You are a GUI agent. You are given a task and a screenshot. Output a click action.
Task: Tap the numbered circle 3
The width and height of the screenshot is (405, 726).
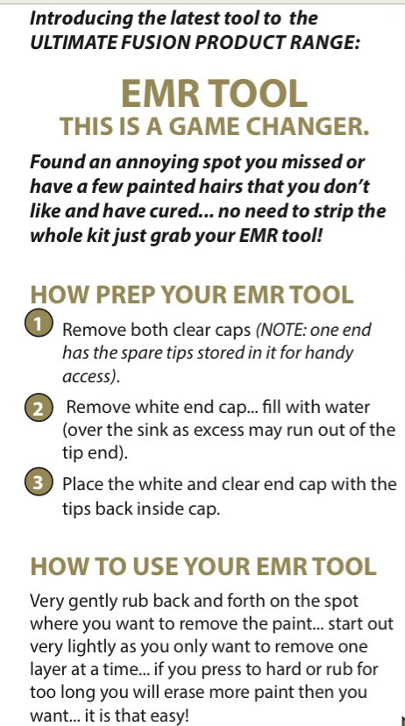(x=39, y=482)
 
